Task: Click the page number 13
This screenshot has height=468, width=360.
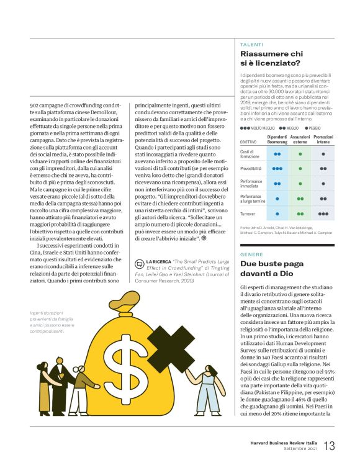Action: point(329,446)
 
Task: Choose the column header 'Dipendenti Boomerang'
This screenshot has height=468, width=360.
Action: point(277,139)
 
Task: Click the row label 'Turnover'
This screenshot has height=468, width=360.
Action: point(250,214)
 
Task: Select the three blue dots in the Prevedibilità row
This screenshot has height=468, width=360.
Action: point(277,168)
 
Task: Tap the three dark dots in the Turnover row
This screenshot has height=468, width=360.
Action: point(323,214)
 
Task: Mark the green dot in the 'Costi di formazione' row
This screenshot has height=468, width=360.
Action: point(300,153)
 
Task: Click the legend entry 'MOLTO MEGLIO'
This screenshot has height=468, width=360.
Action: point(253,127)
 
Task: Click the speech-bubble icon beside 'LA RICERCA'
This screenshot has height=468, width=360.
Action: point(139,263)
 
